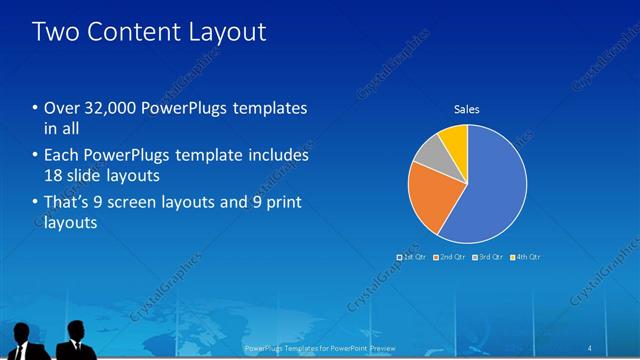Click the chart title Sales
[x=467, y=108]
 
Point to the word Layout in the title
[x=229, y=32]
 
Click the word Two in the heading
[x=54, y=32]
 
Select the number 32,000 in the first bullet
[x=106, y=108]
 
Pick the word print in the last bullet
[x=283, y=203]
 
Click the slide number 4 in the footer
[x=590, y=348]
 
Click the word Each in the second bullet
[x=61, y=156]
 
